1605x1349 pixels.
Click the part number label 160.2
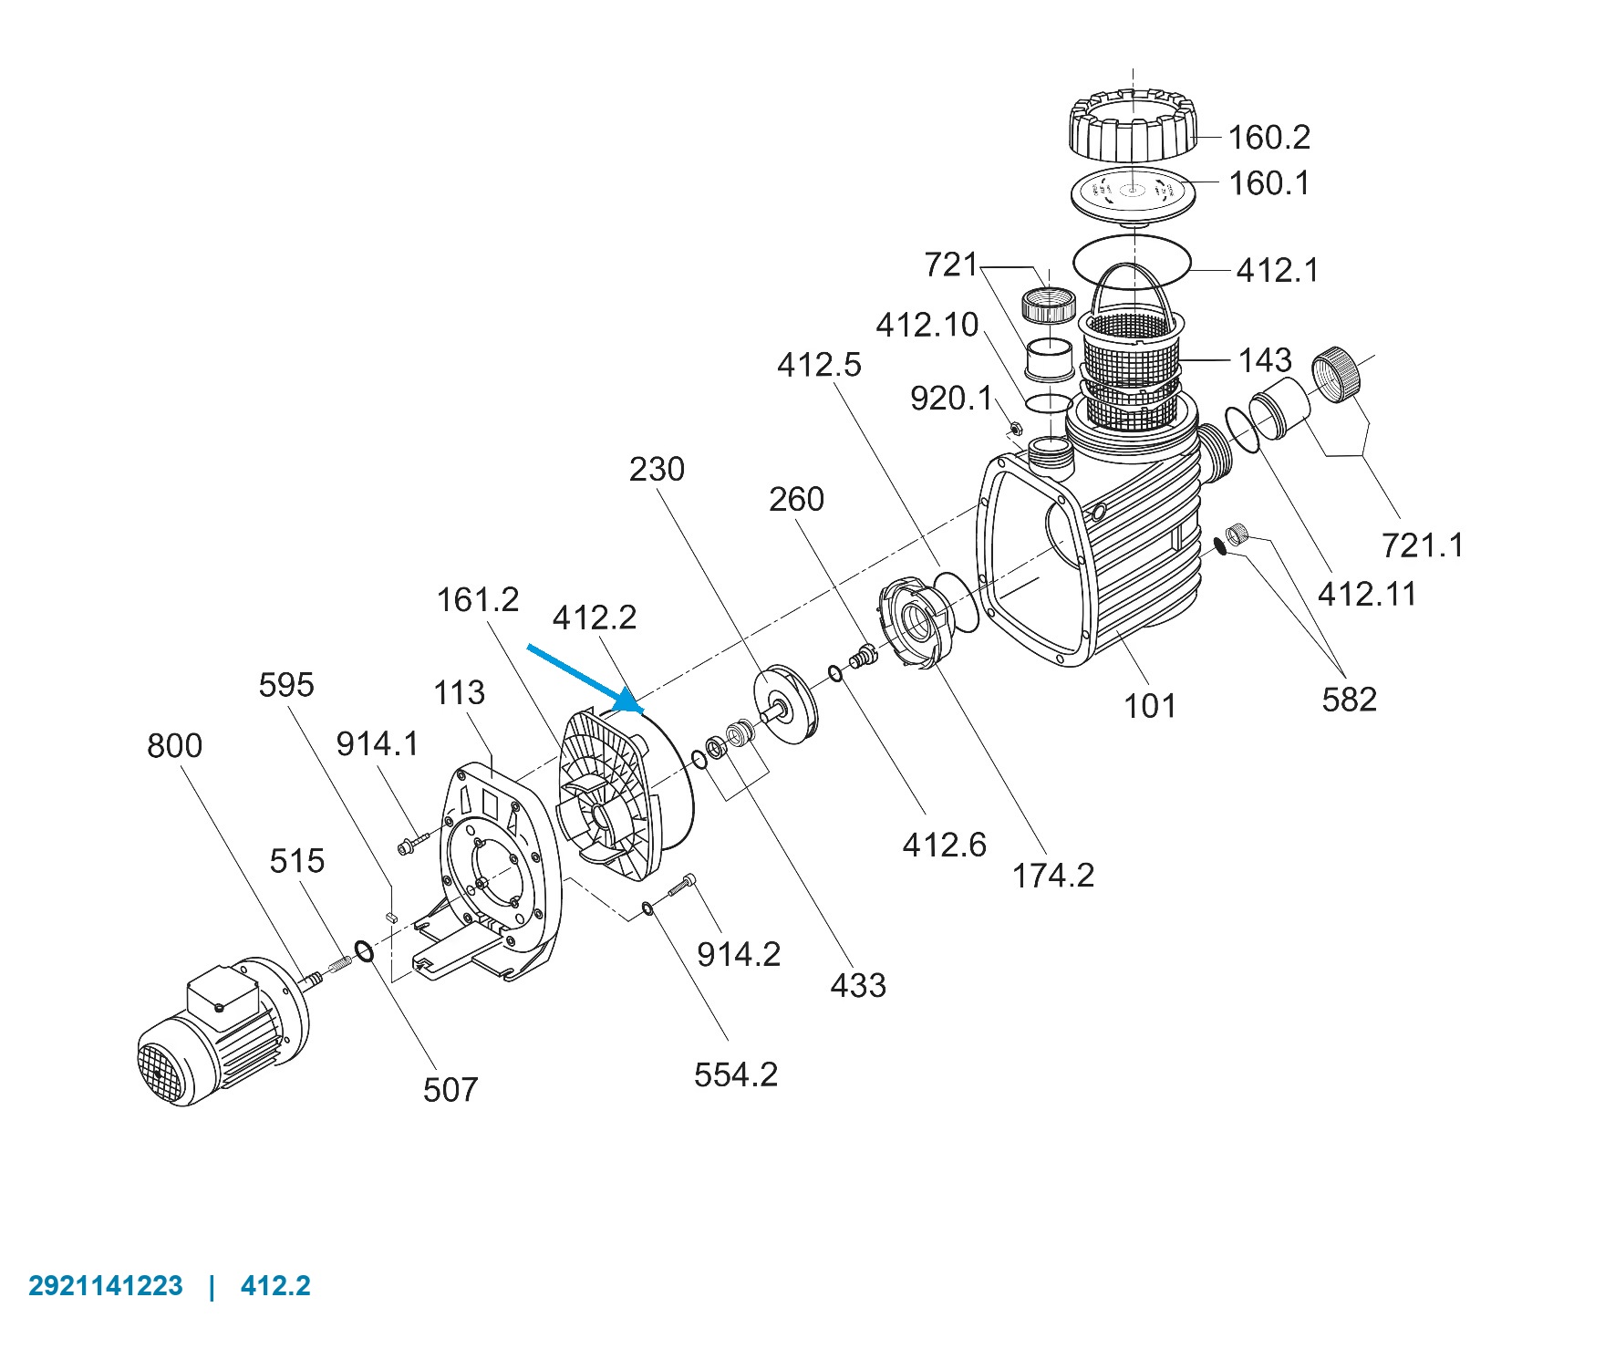coord(1268,138)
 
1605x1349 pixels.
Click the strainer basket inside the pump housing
coord(1133,356)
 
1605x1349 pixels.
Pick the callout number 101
coord(1150,705)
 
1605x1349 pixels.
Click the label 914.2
coord(739,954)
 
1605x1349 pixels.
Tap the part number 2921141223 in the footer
coord(106,1286)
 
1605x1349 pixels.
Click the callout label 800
coord(174,746)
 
